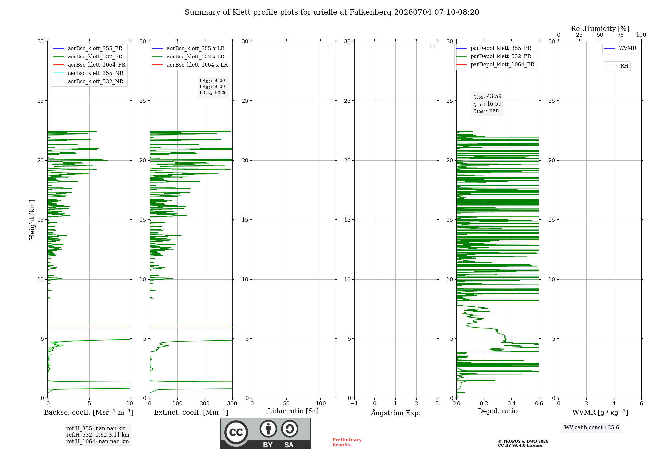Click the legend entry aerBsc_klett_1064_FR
(x=89, y=65)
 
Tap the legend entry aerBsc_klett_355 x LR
(x=188, y=48)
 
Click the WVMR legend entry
(x=620, y=48)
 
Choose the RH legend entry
(x=617, y=66)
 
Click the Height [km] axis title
(x=32, y=220)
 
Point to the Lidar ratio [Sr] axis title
(x=293, y=411)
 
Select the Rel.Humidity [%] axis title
(x=600, y=29)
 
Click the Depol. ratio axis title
(x=498, y=411)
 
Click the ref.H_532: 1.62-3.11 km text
(x=98, y=435)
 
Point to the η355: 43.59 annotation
(x=487, y=96)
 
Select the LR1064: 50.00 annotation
(x=213, y=93)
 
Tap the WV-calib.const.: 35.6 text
(x=592, y=428)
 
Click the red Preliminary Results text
(x=347, y=442)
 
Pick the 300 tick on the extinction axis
(x=232, y=404)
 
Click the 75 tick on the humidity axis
(x=620, y=35)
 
